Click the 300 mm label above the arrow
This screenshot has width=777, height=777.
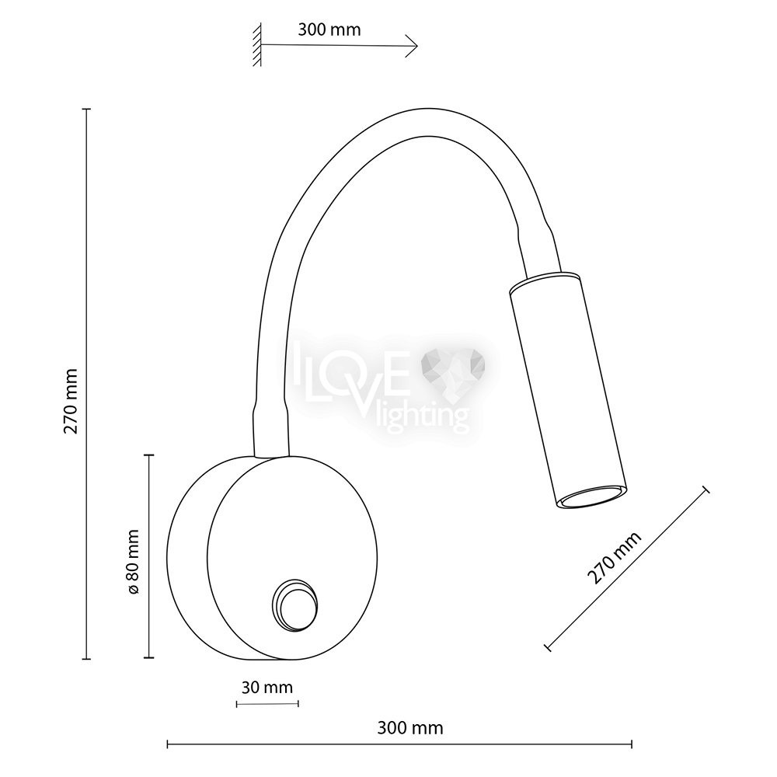tap(329, 30)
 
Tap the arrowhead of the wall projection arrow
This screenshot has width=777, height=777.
tap(413, 46)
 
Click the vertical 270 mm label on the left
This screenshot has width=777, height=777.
tap(71, 401)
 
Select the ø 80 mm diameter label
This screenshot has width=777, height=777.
tap(134, 561)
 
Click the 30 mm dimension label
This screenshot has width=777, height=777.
tap(267, 688)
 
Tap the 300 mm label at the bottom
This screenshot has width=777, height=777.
tap(409, 728)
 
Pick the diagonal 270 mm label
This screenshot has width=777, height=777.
tap(615, 557)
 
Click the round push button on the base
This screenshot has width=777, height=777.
tap(294, 605)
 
